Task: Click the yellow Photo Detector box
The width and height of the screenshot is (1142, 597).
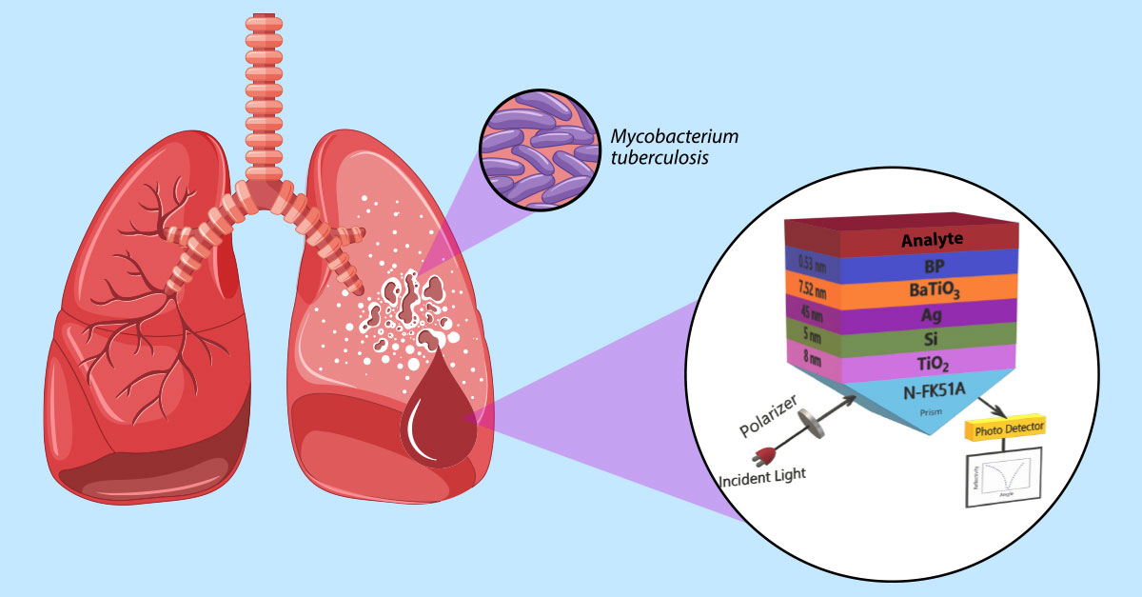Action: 1005,428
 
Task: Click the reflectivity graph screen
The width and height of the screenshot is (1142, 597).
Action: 1004,478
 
